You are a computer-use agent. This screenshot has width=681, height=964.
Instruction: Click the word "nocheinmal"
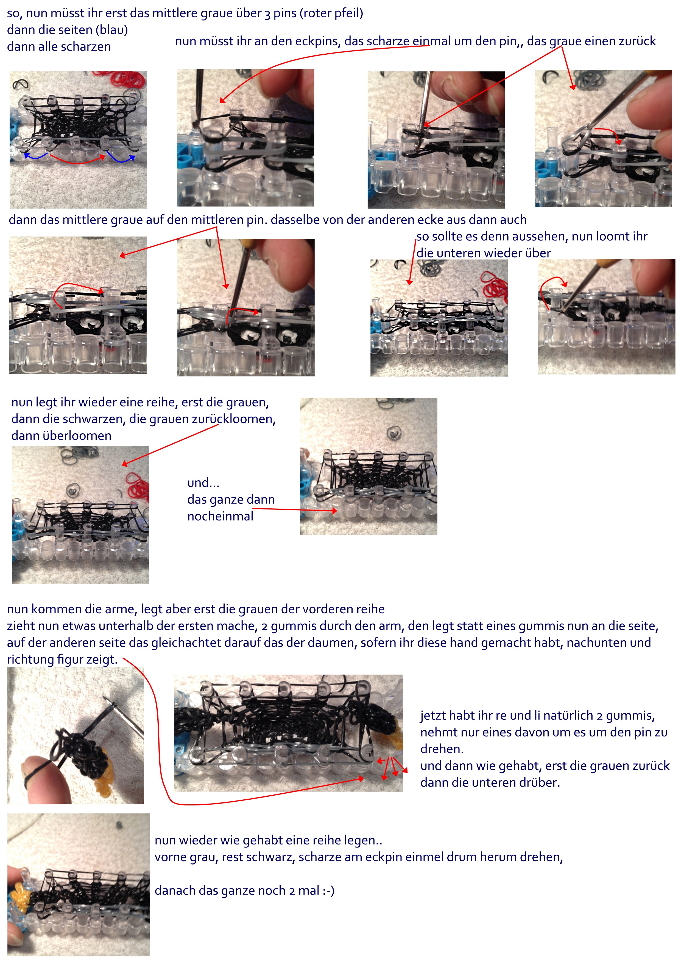click(x=220, y=516)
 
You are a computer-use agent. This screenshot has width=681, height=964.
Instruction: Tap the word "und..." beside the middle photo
click(x=203, y=483)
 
